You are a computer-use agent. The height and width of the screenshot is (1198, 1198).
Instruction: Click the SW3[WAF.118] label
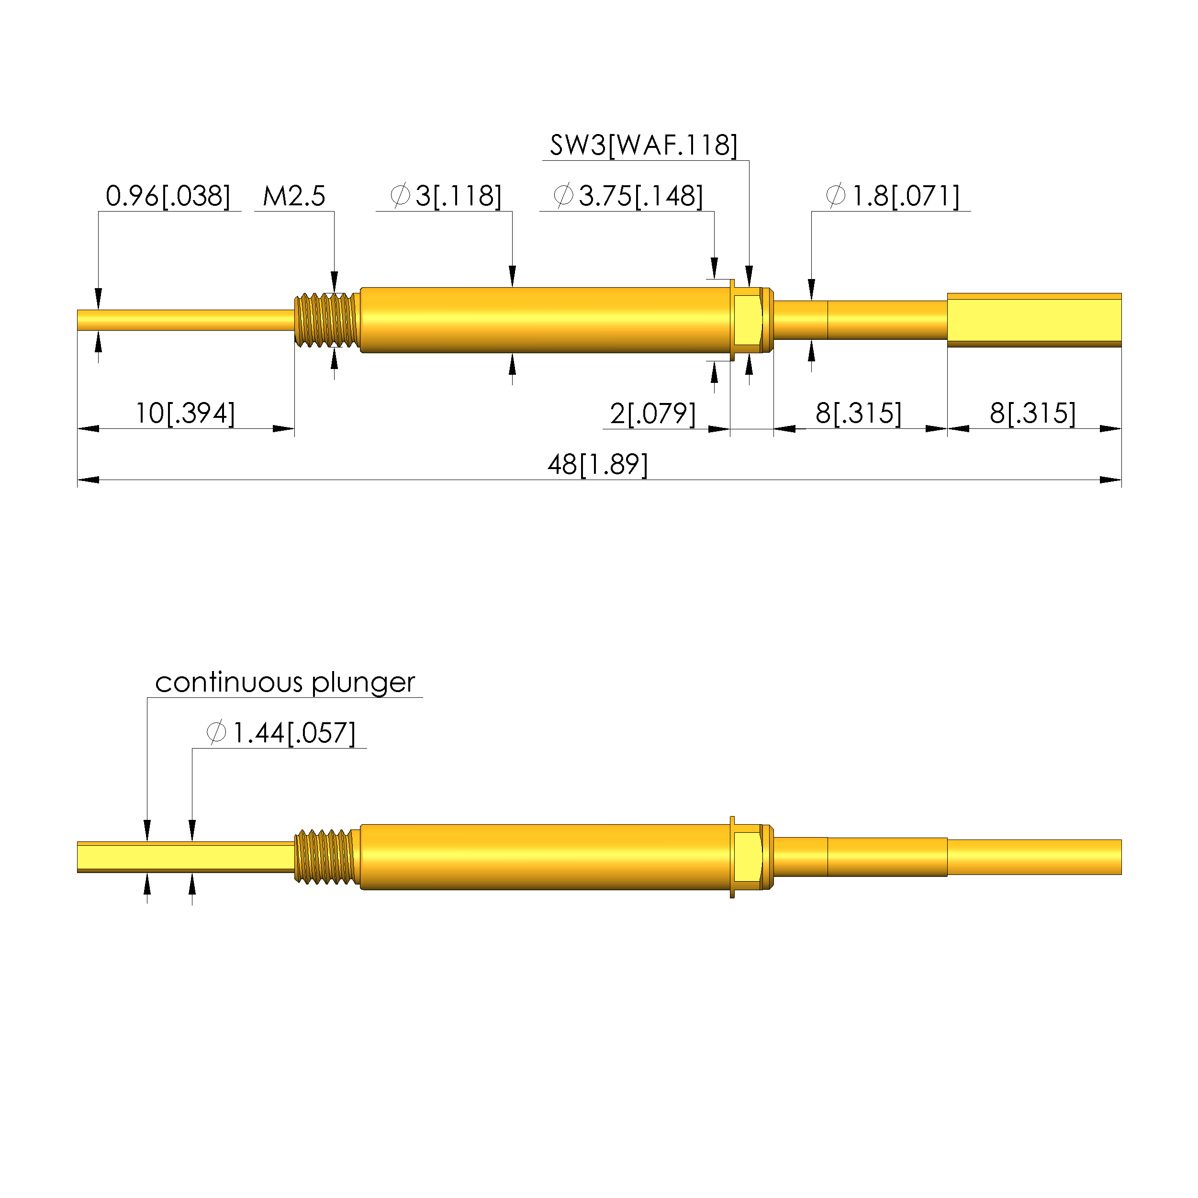(644, 146)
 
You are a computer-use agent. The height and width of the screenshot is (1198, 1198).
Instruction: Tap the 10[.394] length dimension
(185, 414)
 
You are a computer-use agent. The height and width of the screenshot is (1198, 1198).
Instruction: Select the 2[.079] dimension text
(653, 414)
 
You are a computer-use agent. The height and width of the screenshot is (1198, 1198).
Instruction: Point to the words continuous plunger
(285, 683)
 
